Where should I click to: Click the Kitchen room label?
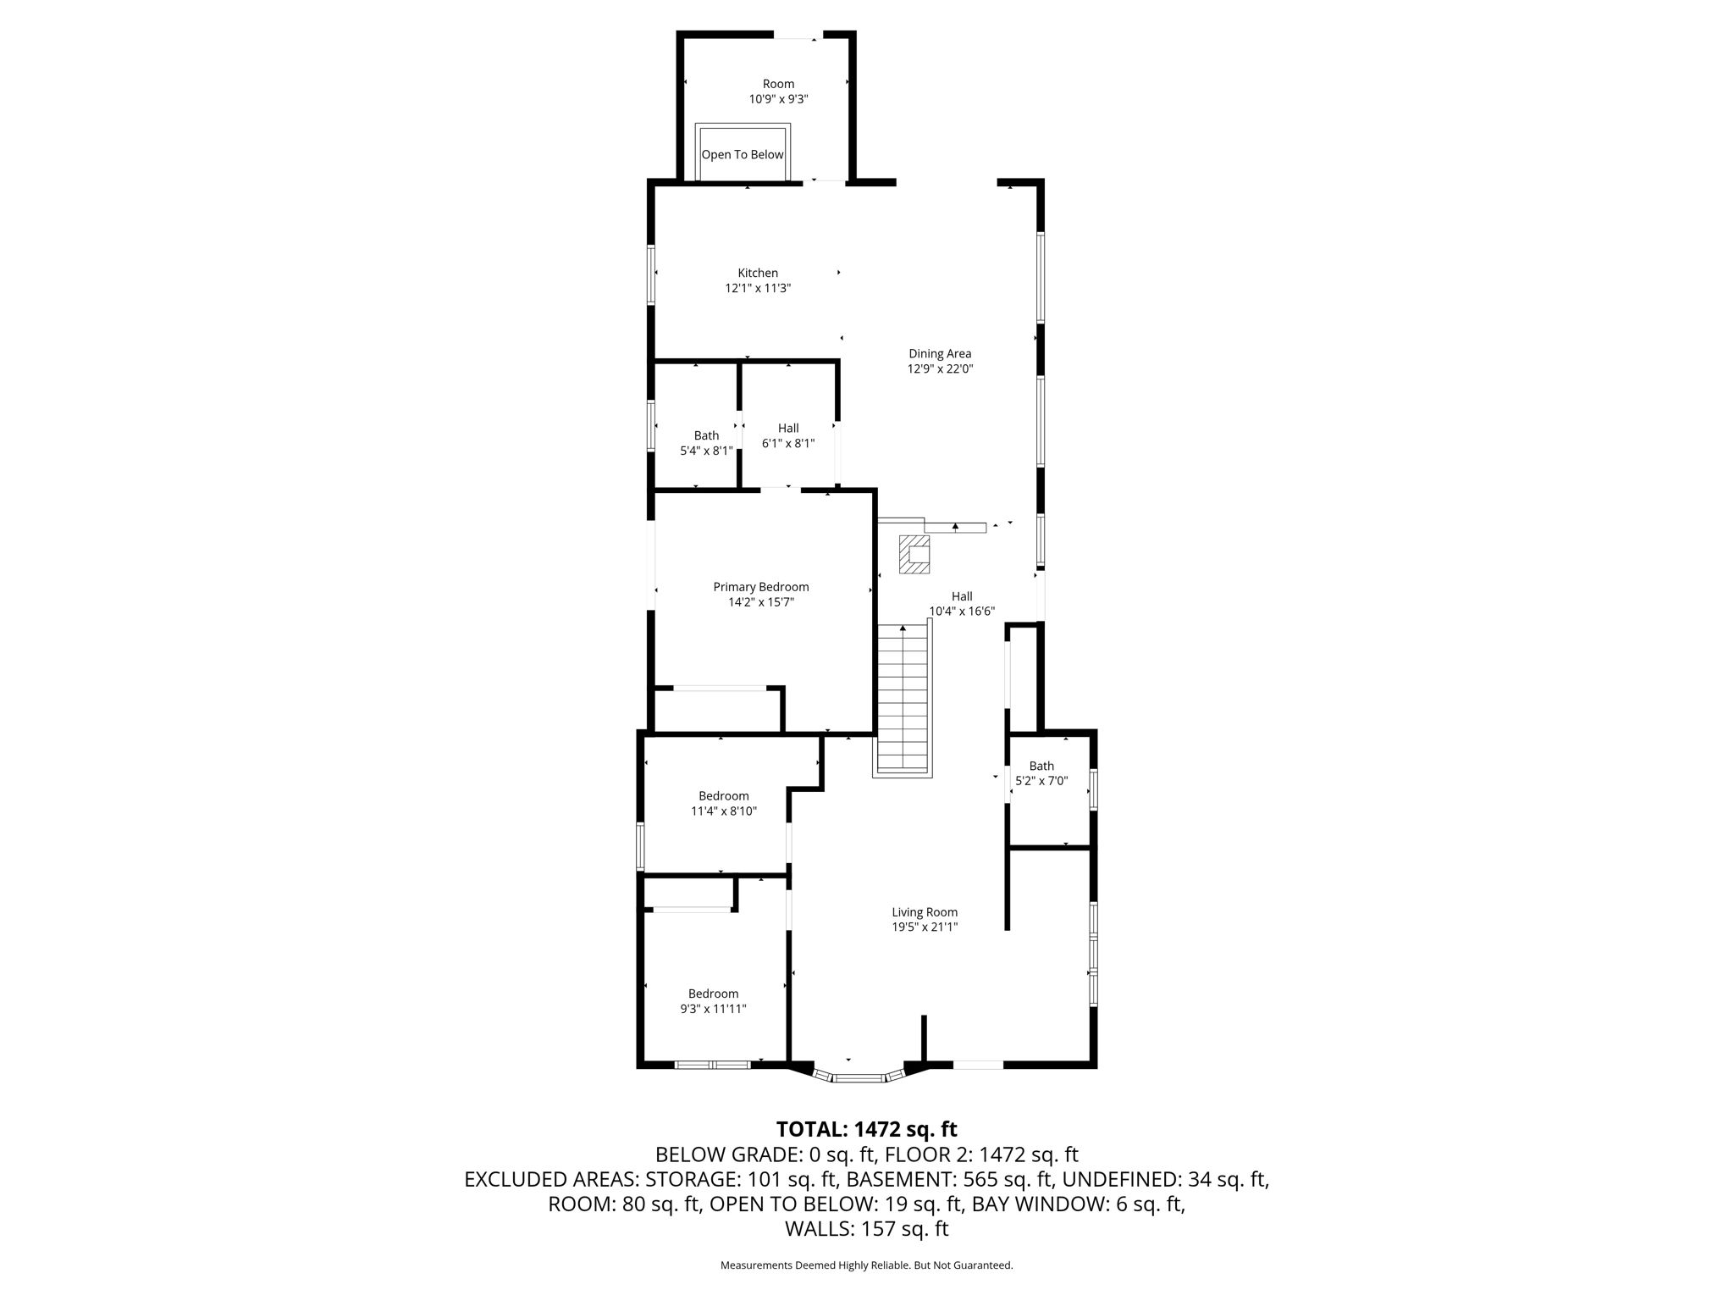[x=758, y=273]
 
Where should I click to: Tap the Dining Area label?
[x=940, y=354]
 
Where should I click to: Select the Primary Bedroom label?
[x=761, y=587]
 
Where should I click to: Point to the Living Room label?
[x=925, y=912]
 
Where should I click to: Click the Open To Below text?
[x=743, y=155]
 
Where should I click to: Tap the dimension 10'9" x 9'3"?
[x=779, y=99]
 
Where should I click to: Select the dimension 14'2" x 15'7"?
[x=761, y=602]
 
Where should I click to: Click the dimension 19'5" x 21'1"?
[x=925, y=927]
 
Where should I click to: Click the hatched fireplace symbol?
[x=915, y=554]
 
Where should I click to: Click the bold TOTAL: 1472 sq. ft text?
[x=867, y=1129]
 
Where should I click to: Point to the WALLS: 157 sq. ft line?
[x=867, y=1229]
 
